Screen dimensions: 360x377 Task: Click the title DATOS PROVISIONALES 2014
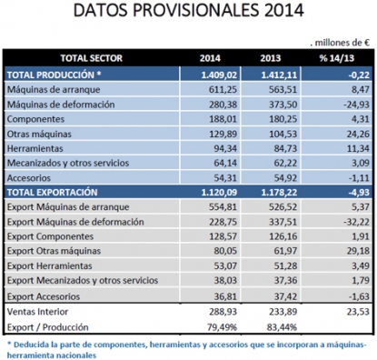(188, 12)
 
